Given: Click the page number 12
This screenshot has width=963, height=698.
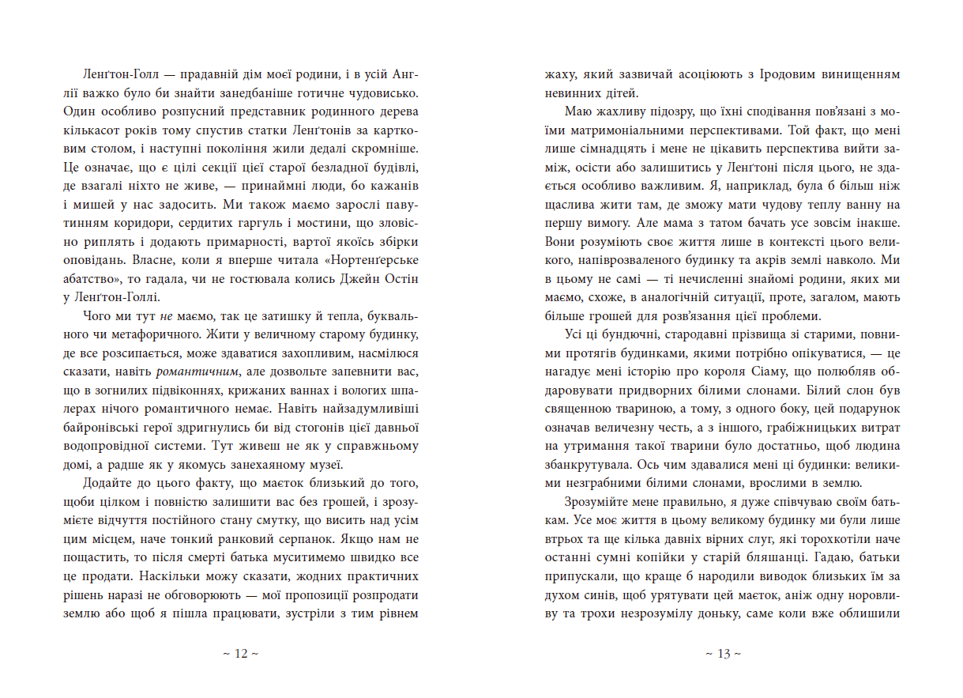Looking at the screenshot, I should click(x=242, y=654).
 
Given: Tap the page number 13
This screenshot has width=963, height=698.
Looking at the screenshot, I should click(x=722, y=654).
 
